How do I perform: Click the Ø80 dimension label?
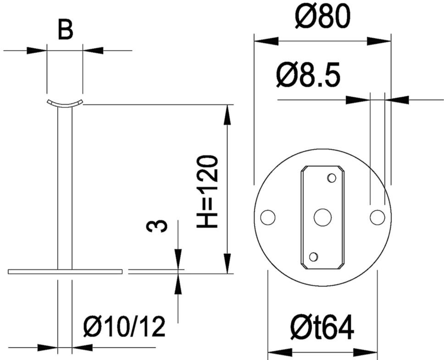point(321,17)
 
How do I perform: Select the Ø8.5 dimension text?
point(308,75)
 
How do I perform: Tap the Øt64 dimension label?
point(322,327)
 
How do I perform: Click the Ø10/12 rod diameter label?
point(124,326)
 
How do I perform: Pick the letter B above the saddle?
point(66,30)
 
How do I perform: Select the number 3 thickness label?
point(156,226)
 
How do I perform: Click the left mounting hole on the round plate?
point(267,217)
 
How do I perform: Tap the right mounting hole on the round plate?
point(377,217)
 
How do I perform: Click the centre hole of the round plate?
point(322,217)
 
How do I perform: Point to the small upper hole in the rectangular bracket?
point(332,178)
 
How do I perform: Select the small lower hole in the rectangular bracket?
point(313,256)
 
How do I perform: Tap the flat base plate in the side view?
point(65,271)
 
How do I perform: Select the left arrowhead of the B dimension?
point(37,51)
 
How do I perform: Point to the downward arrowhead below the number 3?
point(178,259)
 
